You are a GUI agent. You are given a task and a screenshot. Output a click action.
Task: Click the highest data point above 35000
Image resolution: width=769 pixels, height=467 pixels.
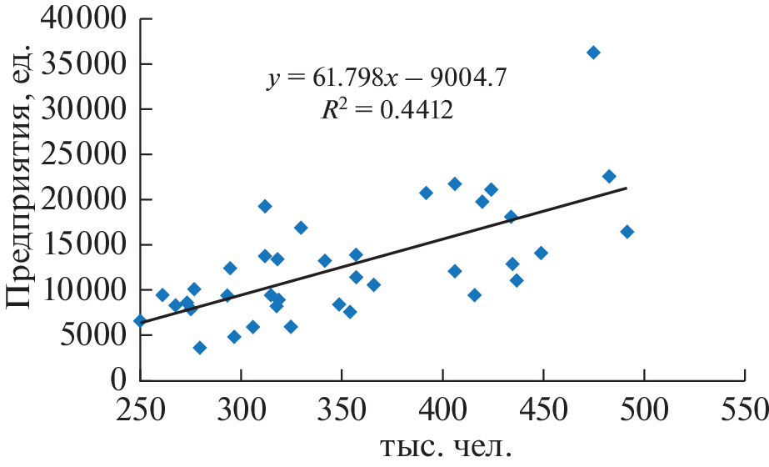pos(593,53)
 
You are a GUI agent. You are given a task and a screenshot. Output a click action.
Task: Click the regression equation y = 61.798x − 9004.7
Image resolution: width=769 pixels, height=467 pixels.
pos(387,79)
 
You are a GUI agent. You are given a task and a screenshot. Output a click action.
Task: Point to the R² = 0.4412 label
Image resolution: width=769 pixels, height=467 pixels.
pos(387,111)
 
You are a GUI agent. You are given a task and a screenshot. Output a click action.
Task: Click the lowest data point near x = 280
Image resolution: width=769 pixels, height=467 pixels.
pos(200,348)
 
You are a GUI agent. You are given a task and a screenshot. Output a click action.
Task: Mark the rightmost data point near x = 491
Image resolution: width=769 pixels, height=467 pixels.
pos(627,232)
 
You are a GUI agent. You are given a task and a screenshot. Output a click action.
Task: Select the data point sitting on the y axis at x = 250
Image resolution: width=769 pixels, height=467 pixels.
pos(140,321)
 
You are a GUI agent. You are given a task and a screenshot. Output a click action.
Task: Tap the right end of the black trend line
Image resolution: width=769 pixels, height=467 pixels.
pos(626,188)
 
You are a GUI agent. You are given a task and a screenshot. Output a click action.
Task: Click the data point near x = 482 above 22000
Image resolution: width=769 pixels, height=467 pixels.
pos(609,177)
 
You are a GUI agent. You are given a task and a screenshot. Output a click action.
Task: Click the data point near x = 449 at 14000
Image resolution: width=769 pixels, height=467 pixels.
pos(541,253)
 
